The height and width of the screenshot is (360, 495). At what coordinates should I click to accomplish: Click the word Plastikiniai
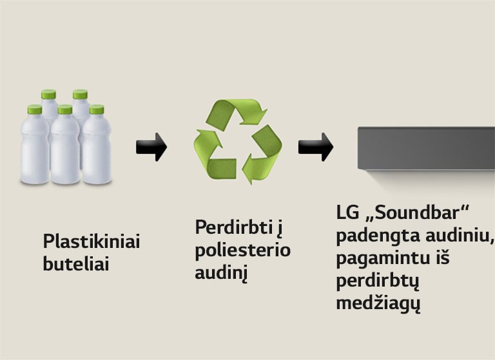coord(92,242)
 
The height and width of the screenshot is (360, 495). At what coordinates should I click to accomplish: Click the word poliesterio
coord(243,251)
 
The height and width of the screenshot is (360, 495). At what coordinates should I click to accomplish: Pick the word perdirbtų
coord(373,281)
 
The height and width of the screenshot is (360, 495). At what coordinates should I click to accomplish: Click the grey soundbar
coord(426,147)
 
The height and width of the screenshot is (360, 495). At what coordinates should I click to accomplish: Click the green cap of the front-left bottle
coord(34,109)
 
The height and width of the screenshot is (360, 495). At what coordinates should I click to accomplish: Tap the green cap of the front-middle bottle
coord(65,109)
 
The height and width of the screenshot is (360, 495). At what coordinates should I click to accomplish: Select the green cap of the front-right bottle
coord(97,109)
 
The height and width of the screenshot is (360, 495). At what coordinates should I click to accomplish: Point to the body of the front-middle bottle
coord(65,151)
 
